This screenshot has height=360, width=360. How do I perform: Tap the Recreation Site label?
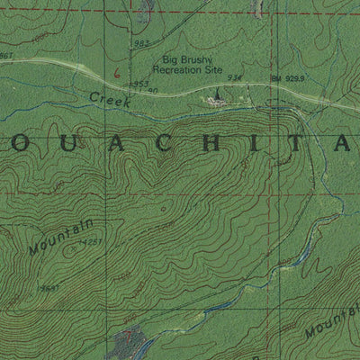coord(189,71)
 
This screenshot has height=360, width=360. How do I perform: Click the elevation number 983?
coord(139,43)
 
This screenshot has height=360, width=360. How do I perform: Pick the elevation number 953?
coord(140,84)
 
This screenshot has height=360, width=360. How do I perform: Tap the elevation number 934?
coord(235,78)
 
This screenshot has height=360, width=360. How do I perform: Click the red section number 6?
coord(116,66)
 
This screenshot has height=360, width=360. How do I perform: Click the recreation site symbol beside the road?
coord(216,98)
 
